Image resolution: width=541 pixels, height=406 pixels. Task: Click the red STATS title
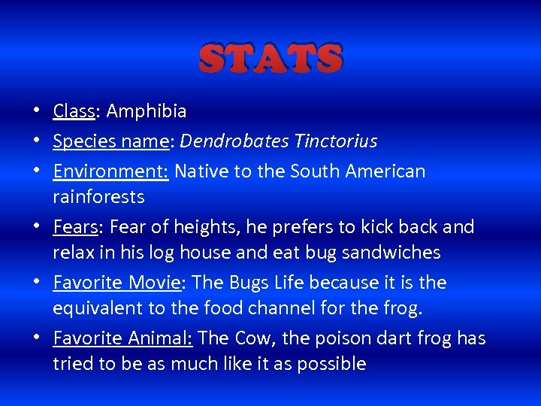coord(271,58)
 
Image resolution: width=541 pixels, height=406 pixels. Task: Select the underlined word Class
coord(73,111)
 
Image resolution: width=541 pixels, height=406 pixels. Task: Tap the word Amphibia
coord(147,111)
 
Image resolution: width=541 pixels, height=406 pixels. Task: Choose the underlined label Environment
coord(110,171)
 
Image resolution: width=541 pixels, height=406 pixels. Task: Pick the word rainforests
coord(98,197)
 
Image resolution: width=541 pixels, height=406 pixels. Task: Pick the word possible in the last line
coord(331,365)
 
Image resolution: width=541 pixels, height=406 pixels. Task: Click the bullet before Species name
coord(37,141)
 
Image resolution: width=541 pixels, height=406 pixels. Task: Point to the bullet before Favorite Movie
coord(37,283)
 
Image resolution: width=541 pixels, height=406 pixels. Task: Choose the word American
coord(385,171)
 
